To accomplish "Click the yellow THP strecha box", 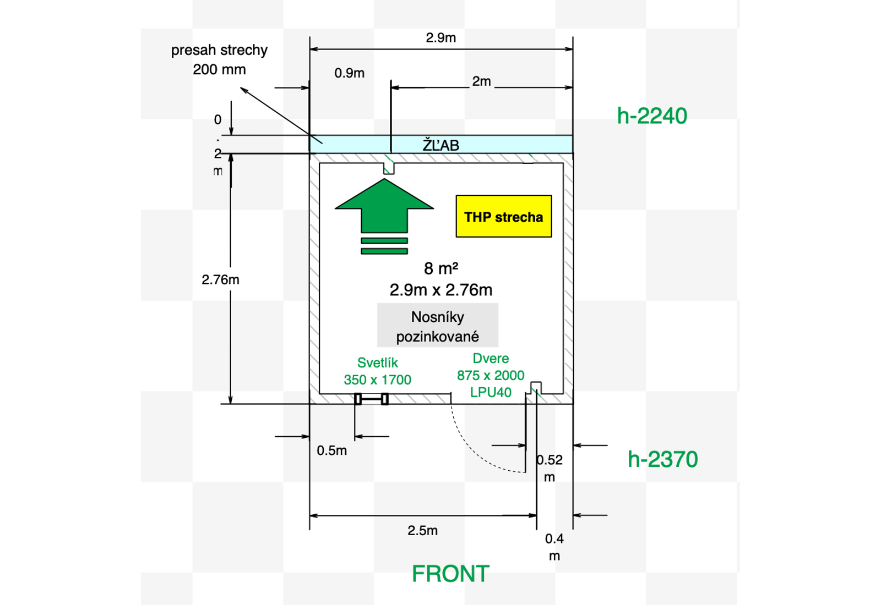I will point(503,216).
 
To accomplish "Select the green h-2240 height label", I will point(652,116).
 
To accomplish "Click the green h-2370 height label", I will point(662,459).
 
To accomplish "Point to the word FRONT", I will point(450,574).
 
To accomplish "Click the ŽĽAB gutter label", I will point(440,145).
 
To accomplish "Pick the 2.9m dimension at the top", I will point(440,38).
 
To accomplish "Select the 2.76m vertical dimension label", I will point(220,279).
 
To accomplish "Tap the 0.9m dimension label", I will point(349,73).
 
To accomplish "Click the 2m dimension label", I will point(481,81).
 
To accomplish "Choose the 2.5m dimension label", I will point(422,531).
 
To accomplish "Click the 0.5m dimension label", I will point(331,450).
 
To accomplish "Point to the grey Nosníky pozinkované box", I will point(438,326).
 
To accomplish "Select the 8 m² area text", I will point(440,268).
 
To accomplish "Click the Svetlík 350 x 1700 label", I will point(377,371).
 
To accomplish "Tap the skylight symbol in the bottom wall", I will point(372,399).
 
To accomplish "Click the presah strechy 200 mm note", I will point(219,59).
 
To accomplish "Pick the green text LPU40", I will point(491,392).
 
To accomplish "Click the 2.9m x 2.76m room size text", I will point(440,290).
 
